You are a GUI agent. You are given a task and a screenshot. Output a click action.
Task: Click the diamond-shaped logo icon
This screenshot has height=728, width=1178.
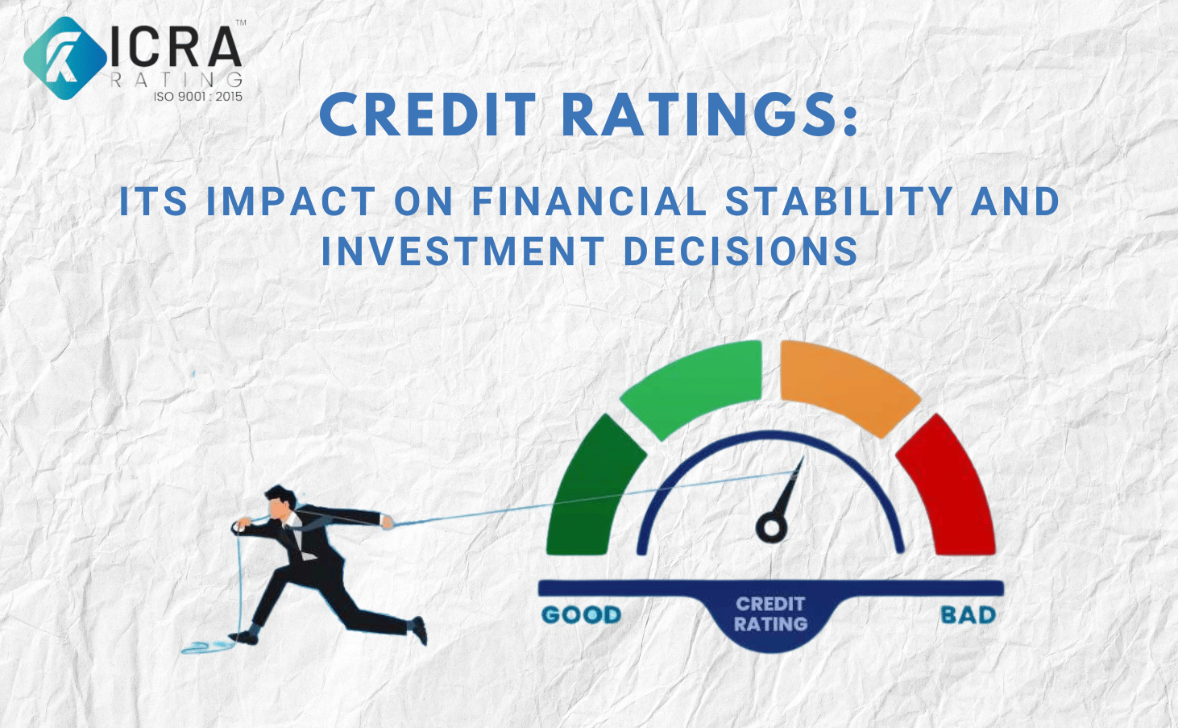[65, 58]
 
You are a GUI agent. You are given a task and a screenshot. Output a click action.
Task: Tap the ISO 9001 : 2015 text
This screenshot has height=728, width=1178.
[197, 96]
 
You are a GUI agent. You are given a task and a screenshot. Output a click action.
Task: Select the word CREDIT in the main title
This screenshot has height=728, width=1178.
[428, 115]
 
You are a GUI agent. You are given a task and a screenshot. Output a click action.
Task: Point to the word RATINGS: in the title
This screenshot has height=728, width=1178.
[709, 115]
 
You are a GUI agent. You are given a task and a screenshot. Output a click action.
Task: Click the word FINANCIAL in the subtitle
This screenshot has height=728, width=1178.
[589, 201]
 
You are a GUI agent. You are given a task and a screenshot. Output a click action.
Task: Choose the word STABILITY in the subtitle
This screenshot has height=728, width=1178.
[839, 201]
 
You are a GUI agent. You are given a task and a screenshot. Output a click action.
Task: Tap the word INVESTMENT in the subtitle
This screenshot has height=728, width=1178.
[462, 251]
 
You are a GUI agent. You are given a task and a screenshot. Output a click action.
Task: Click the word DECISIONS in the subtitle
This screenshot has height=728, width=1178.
[741, 251]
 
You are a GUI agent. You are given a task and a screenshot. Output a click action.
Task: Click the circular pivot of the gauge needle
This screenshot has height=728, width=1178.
[771, 527]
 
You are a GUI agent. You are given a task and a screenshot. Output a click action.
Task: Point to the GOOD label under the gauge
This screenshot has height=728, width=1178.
[582, 615]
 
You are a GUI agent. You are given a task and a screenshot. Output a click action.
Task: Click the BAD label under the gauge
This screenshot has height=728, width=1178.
[969, 615]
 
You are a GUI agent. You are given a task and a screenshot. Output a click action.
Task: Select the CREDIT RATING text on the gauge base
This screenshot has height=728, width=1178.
[770, 614]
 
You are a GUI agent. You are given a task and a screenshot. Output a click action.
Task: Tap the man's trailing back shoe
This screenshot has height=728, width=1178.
[420, 630]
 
